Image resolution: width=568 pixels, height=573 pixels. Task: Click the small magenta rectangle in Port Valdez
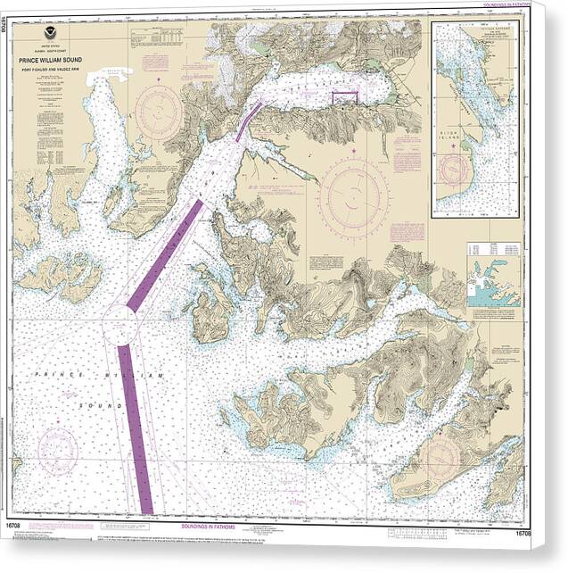(x=343, y=98)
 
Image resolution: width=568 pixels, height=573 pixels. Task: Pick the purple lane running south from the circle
(x=136, y=428)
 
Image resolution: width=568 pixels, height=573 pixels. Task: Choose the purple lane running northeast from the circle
(x=166, y=254)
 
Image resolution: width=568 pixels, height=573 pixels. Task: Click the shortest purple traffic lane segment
(x=249, y=121)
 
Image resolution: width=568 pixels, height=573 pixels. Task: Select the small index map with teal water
(x=492, y=286)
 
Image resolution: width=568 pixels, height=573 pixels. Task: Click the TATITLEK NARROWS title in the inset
(x=473, y=28)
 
